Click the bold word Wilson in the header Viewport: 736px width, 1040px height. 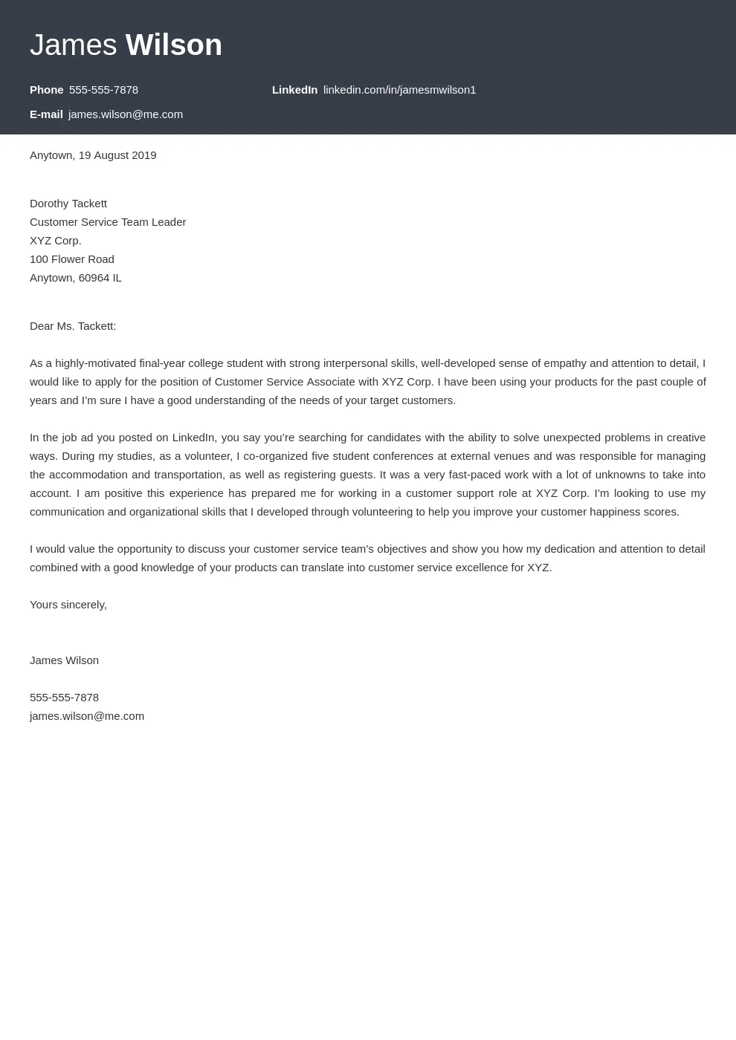173,45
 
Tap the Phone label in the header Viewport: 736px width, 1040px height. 46,90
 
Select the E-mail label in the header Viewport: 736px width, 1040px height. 46,114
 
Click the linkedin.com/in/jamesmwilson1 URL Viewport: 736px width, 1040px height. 399,90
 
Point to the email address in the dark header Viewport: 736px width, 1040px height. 125,114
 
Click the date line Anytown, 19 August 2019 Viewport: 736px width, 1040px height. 93,155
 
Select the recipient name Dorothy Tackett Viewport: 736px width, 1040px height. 68,204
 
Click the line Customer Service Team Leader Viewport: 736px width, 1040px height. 108,222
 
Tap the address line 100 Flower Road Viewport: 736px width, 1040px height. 72,259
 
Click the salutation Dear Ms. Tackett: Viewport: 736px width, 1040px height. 73,326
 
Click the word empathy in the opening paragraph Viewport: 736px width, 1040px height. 565,363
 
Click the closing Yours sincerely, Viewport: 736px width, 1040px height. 68,605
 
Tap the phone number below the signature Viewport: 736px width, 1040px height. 64,698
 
